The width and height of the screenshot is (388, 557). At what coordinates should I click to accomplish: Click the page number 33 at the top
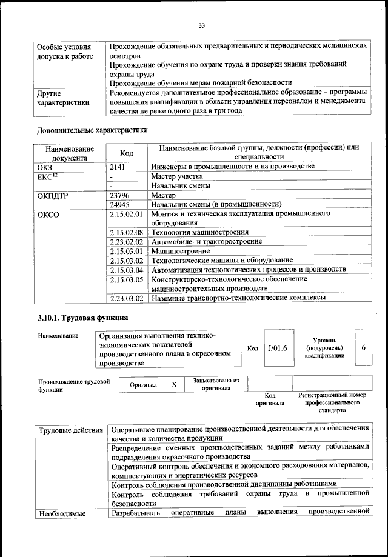pos(202,25)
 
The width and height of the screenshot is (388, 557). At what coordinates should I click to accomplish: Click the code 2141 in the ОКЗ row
pos(120,166)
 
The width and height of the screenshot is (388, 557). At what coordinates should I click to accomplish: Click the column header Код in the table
pos(127,153)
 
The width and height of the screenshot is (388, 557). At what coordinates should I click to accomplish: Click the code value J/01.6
pos(276,348)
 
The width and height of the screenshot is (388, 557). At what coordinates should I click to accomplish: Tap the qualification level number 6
pos(363,348)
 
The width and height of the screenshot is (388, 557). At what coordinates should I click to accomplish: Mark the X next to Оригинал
pos(173,384)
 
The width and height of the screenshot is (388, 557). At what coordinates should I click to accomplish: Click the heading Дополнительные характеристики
pos(92,130)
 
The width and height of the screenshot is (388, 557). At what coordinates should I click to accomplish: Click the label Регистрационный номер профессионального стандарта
pos(332,402)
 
